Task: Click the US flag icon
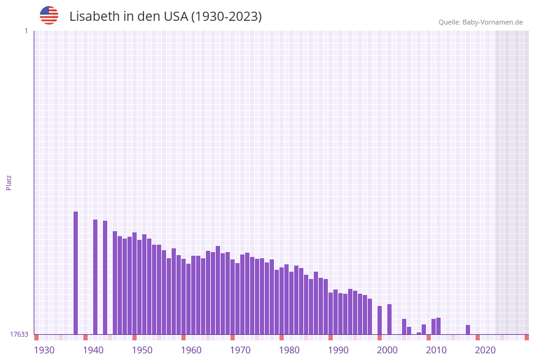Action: pos(49,15)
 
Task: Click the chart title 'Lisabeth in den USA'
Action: pos(165,17)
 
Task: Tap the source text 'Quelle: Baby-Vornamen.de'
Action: pos(480,23)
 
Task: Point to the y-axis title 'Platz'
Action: pos(9,182)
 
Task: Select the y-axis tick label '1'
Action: pos(26,31)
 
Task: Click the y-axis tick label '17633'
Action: pos(19,334)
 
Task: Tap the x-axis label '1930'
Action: pos(44,350)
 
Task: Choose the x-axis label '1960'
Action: pos(191,350)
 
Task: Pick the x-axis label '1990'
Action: pos(338,350)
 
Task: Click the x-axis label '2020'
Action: pos(485,350)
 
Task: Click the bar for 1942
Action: pos(96,277)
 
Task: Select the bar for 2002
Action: pos(390,319)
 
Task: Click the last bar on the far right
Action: pos(468,329)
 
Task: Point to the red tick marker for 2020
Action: pos(478,337)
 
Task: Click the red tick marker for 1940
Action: pos(86,337)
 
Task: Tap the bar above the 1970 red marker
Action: pos(233,297)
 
